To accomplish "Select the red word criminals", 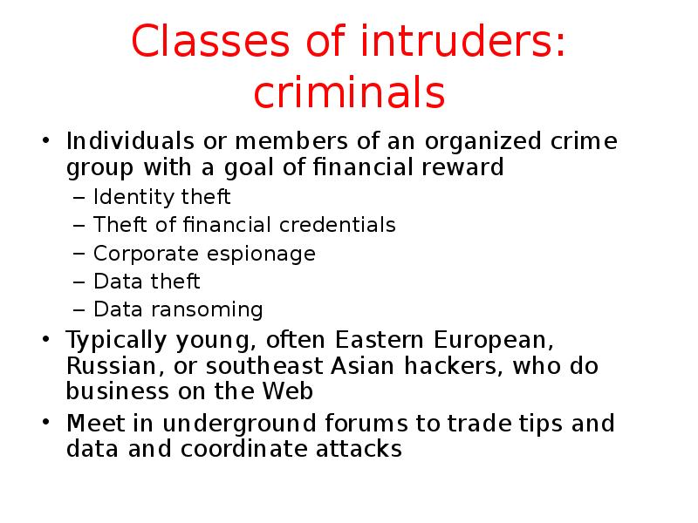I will point(349,93).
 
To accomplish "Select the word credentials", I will point(337,225).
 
